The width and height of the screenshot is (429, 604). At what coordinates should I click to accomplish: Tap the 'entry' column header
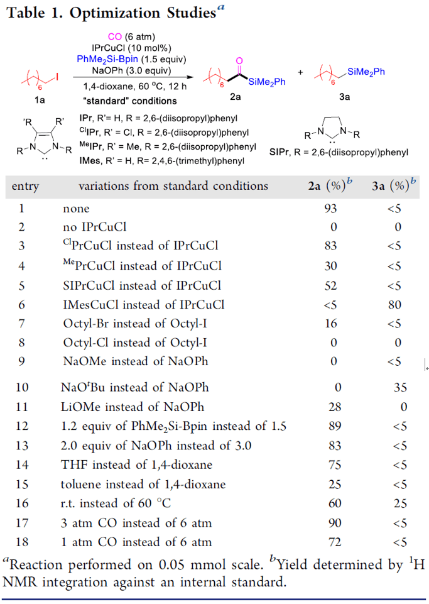tap(25, 186)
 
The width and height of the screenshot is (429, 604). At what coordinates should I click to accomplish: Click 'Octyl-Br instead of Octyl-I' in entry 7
tap(136, 324)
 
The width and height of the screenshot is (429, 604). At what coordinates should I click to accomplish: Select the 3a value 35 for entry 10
tap(400, 388)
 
